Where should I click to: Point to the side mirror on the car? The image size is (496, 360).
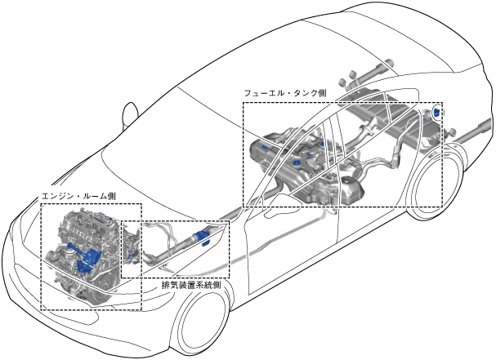[x=129, y=113]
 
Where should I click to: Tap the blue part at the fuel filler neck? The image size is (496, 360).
[x=437, y=112]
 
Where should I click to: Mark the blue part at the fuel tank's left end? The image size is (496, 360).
[x=265, y=148]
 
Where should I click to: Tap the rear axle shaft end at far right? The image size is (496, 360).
[x=482, y=127]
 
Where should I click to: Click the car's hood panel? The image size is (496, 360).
[x=90, y=176]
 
